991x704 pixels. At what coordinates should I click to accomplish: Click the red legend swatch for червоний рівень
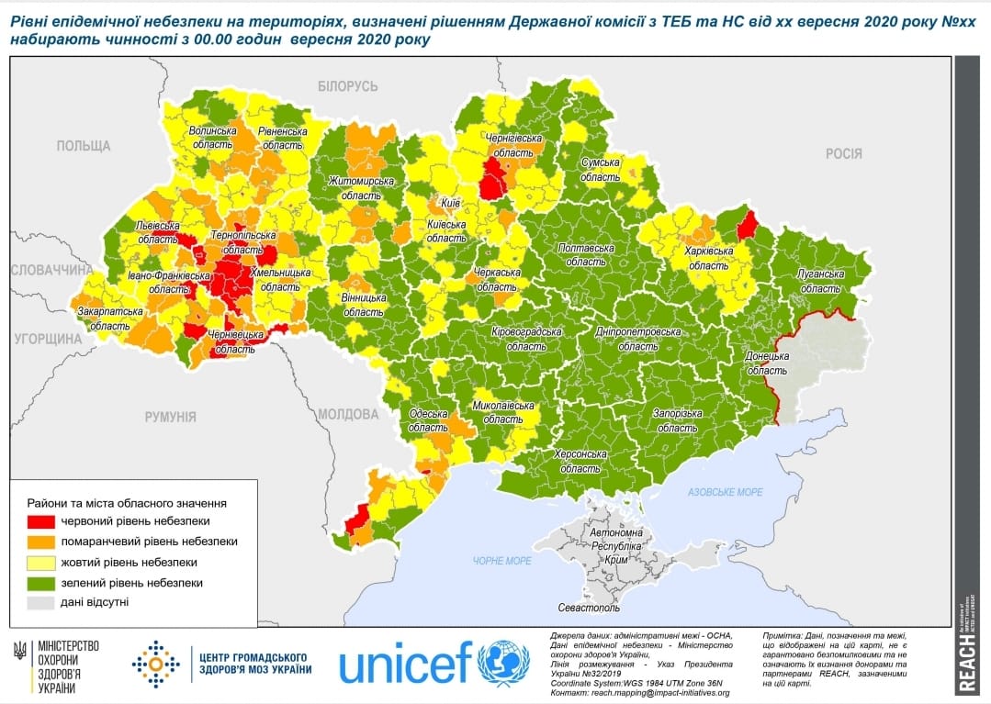point(41,521)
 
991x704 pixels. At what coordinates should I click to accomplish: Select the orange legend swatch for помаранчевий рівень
point(41,542)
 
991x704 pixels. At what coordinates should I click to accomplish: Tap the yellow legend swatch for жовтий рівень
point(41,562)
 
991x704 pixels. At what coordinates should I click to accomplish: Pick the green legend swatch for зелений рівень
point(41,582)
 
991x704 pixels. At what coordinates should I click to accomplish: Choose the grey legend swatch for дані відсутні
point(41,602)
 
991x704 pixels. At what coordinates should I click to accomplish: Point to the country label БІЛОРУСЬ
point(347,86)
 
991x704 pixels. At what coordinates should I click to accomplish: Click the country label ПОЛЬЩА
point(83,146)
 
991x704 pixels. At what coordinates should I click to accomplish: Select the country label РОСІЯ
point(843,154)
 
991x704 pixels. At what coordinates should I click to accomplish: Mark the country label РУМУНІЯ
point(170,417)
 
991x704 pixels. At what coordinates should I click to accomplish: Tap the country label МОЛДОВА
point(348,414)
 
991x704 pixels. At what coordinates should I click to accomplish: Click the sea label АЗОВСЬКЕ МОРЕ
point(726,493)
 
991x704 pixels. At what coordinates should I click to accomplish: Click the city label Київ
point(450,201)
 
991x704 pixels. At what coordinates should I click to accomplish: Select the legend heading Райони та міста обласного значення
point(127,503)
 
